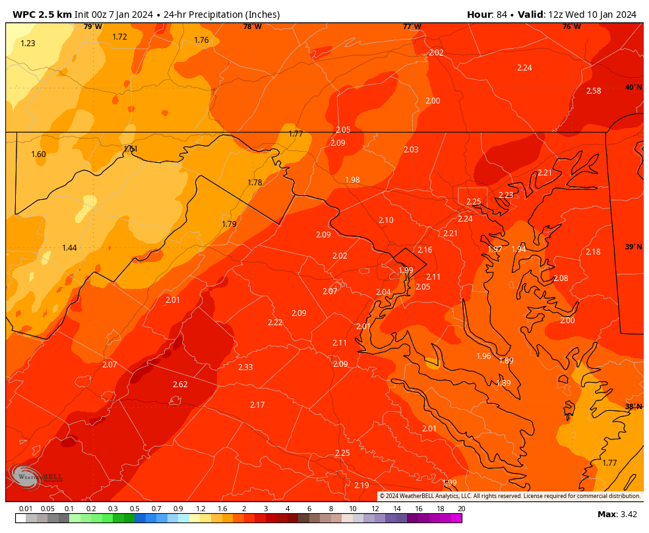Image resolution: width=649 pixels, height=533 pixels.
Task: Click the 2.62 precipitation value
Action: click(180, 385)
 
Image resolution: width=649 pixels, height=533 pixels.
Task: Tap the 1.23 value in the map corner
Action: click(28, 44)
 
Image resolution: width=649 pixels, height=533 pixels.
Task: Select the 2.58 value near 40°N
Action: click(594, 91)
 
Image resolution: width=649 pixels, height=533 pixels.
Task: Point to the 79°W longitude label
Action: click(92, 26)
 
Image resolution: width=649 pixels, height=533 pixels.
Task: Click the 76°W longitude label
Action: click(571, 26)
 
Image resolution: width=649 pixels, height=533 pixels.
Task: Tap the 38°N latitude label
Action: click(633, 406)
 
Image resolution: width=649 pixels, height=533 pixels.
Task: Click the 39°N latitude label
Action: click(633, 247)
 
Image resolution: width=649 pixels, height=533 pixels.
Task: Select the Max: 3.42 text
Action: click(617, 515)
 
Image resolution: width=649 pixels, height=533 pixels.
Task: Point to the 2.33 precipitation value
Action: click(245, 367)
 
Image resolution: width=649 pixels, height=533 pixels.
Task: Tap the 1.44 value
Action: click(69, 248)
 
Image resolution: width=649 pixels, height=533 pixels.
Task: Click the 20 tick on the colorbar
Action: click(461, 509)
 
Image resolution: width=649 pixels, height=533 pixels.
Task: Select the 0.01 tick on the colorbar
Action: click(26, 509)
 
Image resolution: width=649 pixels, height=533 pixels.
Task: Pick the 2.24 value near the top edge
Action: click(524, 68)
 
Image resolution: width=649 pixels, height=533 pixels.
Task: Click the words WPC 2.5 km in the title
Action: click(42, 15)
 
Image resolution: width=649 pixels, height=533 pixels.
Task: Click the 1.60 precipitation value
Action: click(38, 154)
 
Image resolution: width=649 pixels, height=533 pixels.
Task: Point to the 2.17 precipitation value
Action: click(257, 405)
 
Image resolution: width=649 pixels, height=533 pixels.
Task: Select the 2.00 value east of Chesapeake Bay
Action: click(567, 321)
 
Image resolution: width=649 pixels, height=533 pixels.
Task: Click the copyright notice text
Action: click(509, 496)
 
